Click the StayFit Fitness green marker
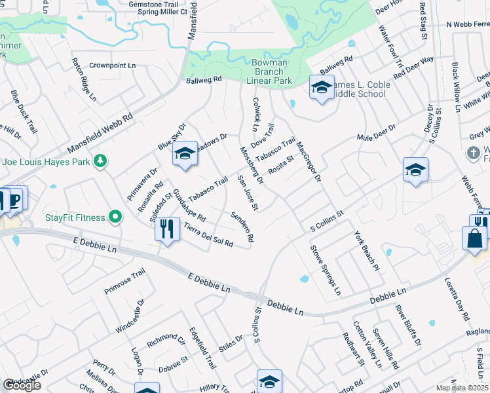tap(115, 215)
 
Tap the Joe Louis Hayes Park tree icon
tap(100, 160)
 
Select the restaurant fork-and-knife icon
tap(167, 228)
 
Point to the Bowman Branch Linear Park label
tap(269, 71)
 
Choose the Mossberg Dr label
tap(251, 165)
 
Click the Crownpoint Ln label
tap(113, 65)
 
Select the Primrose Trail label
tap(124, 282)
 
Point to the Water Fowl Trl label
tap(390, 47)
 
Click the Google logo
tap(22, 385)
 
